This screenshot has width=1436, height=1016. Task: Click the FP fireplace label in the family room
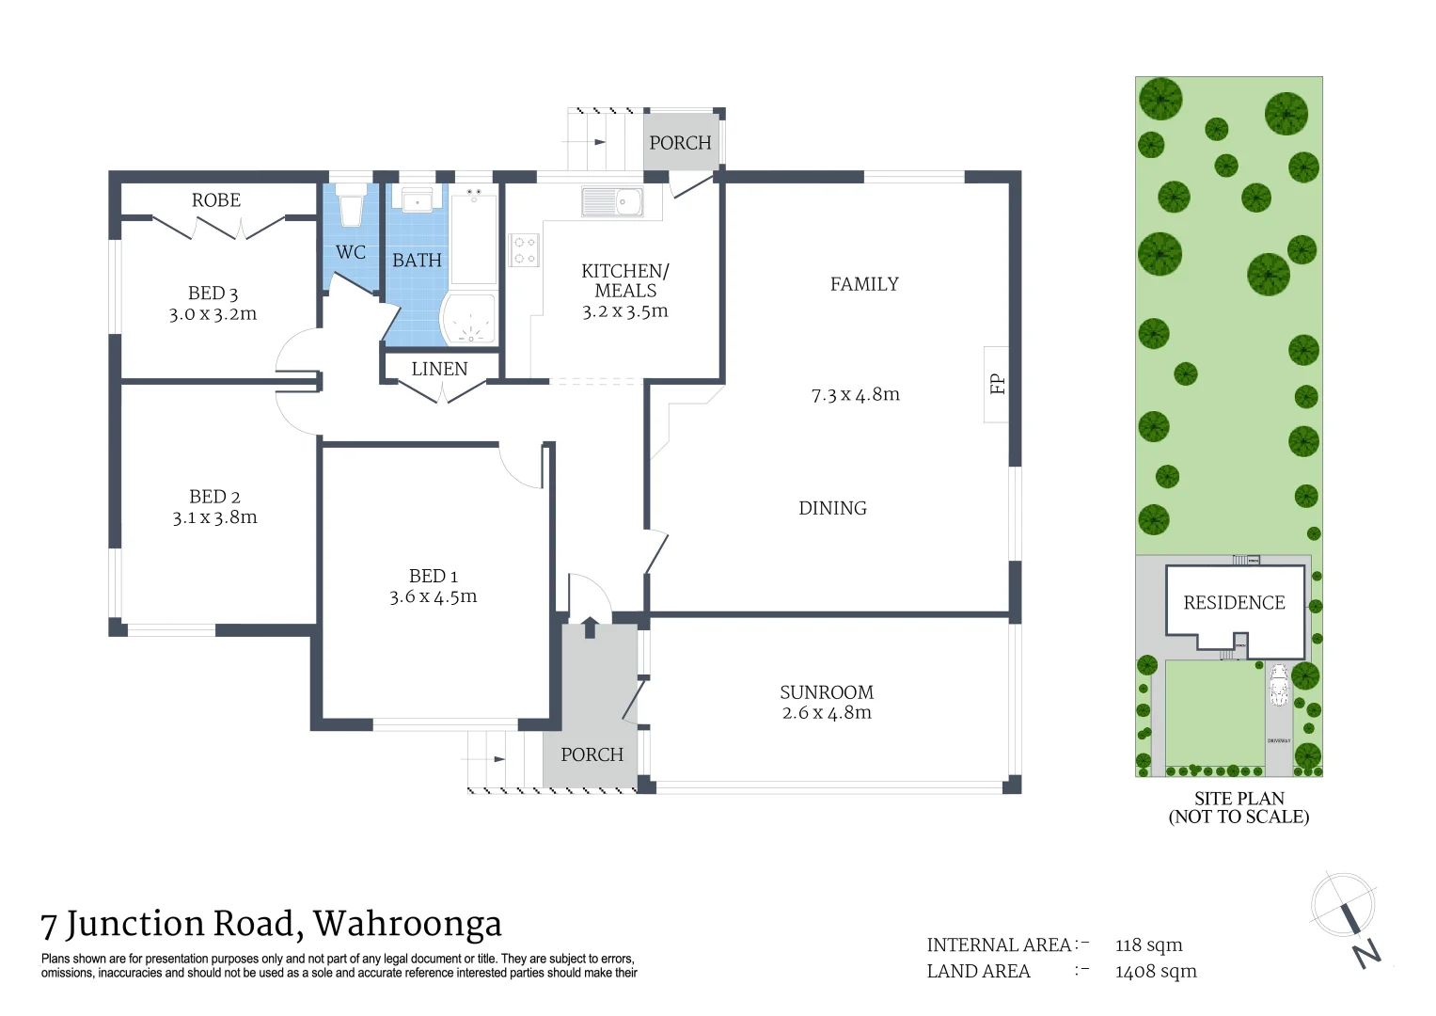click(997, 384)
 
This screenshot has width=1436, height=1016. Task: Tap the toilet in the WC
click(351, 206)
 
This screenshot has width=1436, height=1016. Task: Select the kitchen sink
click(612, 201)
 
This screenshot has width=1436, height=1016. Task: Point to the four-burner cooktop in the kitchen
click(524, 249)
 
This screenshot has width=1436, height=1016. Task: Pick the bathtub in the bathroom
click(473, 235)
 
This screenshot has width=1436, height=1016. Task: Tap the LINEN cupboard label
click(439, 369)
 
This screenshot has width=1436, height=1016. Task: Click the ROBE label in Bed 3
click(216, 200)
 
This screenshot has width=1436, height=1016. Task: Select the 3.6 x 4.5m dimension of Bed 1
click(434, 596)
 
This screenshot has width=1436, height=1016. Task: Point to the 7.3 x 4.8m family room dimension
click(855, 394)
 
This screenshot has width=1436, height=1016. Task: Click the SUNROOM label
click(827, 692)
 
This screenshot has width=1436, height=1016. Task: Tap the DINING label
click(832, 508)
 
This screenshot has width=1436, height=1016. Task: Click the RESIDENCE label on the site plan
click(1234, 603)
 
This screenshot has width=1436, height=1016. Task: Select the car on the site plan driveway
click(1278, 684)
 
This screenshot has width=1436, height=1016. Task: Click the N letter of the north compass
click(1366, 953)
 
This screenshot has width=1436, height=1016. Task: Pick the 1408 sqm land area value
click(1156, 972)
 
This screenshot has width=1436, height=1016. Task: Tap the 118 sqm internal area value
click(1148, 945)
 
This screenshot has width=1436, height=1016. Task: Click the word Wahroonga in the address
click(407, 925)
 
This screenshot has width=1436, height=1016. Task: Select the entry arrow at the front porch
click(590, 626)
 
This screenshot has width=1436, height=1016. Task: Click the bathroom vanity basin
click(417, 201)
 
